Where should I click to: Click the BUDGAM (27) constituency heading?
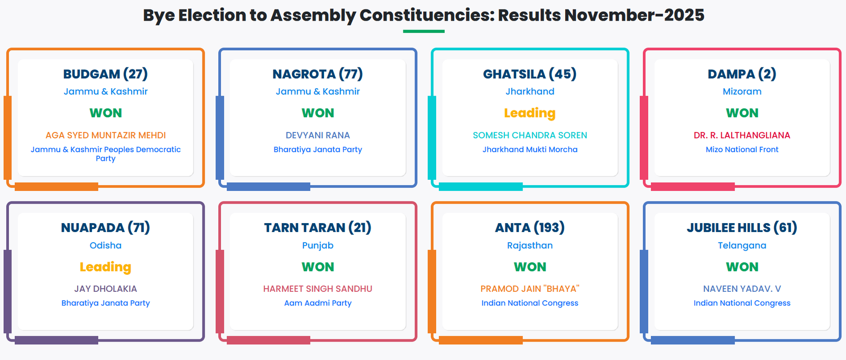coord(105,74)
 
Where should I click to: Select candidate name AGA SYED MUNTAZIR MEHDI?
coord(105,135)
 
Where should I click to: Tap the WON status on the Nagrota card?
coord(318,113)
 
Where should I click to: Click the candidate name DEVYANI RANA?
coord(318,135)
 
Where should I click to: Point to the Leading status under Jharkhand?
coord(529,113)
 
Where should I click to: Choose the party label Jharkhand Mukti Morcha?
coord(530,150)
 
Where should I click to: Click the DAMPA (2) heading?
coord(742,74)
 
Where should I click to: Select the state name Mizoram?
coord(742,91)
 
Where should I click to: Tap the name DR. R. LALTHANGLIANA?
coord(742,135)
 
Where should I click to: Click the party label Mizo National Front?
coord(742,150)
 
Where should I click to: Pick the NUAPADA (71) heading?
coord(105,228)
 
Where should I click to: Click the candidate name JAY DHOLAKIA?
coord(105,289)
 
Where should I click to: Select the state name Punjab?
coord(318,245)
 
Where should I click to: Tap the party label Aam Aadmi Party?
coord(318,303)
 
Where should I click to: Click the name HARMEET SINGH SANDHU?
coord(318,289)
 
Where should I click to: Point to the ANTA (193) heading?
coord(529,228)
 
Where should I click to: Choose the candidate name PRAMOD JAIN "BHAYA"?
coord(529,289)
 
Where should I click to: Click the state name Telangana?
coord(742,245)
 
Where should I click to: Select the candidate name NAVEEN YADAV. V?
coord(742,289)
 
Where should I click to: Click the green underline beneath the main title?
coord(424,31)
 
